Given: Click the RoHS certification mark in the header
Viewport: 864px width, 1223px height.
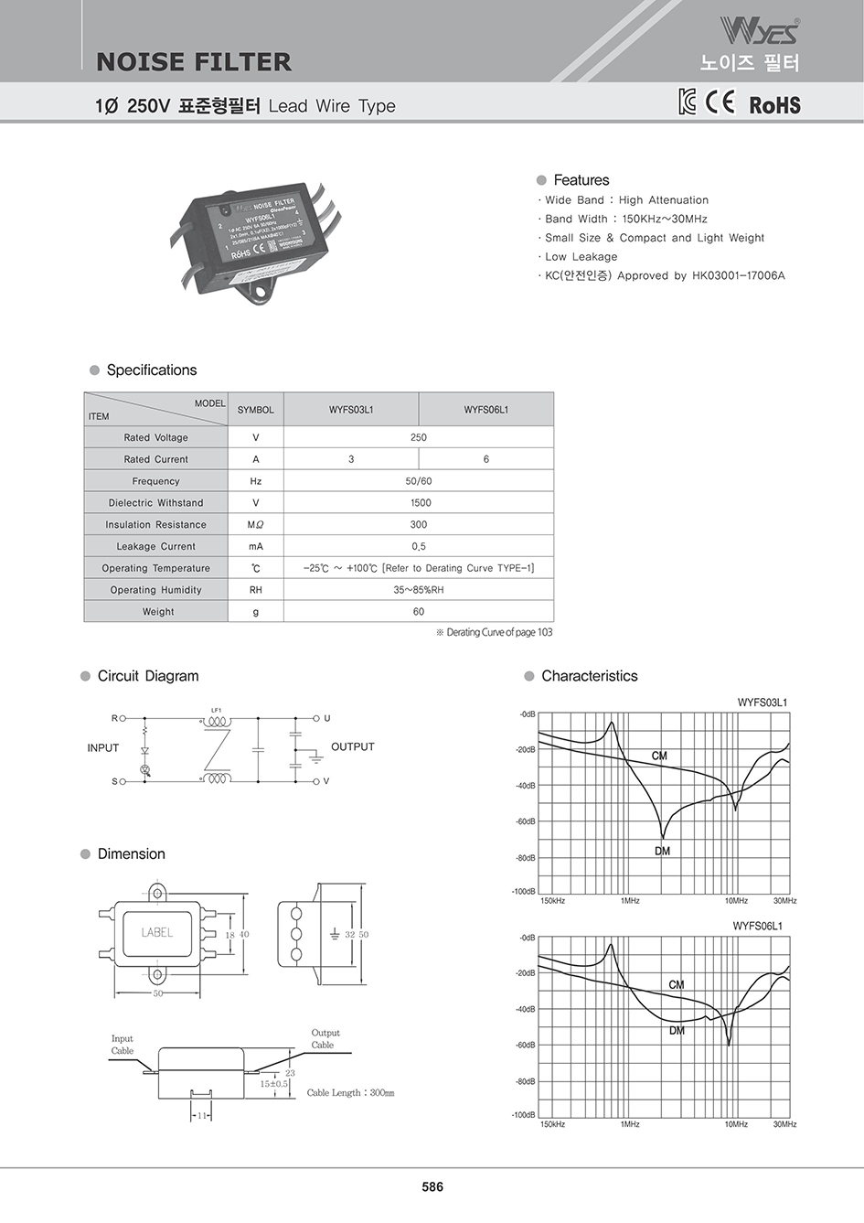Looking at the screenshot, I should [774, 104].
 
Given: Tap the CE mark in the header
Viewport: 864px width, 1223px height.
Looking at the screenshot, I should [720, 102].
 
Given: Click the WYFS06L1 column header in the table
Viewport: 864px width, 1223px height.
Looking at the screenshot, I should [485, 410].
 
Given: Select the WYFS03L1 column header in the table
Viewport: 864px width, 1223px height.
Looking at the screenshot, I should [351, 410].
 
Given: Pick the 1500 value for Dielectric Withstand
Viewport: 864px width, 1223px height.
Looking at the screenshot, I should [419, 503].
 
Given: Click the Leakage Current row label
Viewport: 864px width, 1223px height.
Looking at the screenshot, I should [155, 547].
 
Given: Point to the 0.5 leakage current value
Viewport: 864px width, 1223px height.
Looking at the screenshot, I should [419, 547].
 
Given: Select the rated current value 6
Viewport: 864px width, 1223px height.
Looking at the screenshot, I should [485, 459].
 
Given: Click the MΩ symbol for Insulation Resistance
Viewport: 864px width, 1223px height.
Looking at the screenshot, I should [255, 525].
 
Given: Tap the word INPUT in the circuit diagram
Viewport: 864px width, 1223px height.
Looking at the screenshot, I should [103, 748].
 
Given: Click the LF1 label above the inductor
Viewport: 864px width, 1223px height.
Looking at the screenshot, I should [217, 710].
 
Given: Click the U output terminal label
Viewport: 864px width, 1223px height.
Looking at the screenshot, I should [326, 719].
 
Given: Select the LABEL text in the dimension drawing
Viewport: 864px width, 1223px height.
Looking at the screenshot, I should [157, 933].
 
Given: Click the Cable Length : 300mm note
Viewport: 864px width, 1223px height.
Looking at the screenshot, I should [350, 1093].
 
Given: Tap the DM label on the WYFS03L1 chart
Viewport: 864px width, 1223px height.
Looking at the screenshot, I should [663, 852].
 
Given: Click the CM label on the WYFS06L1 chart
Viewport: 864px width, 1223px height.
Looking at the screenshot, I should [677, 985].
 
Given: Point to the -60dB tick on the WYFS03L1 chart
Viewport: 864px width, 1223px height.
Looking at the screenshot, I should [526, 821].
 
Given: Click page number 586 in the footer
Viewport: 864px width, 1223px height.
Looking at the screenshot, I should [432, 1187].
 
